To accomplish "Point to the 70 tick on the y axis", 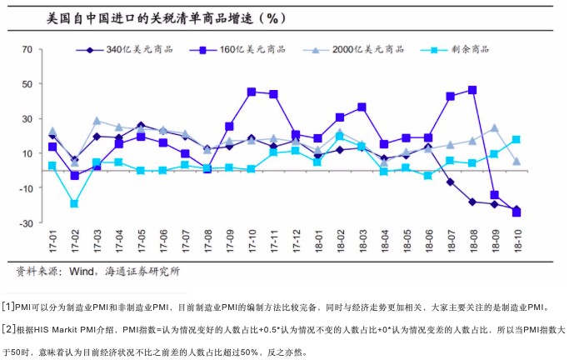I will point(27,50).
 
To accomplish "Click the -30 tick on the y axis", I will point(26,223).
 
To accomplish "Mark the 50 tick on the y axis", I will point(27,84).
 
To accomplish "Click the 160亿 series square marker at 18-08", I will point(472,90).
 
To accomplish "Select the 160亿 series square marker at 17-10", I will point(251,92).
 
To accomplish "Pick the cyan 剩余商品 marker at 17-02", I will point(75,203).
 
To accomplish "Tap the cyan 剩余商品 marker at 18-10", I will point(517,139).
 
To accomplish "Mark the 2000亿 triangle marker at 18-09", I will point(494,127).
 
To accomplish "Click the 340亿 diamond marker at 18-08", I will point(472,202).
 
